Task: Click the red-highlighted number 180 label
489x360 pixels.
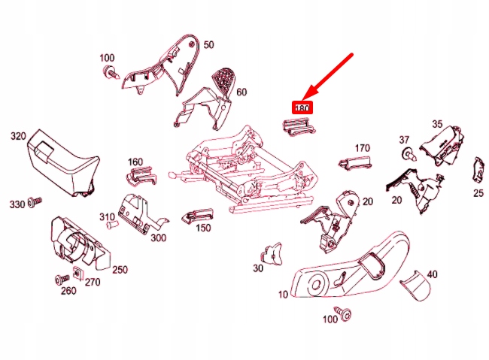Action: coord(302,107)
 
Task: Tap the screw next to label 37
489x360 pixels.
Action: coord(409,155)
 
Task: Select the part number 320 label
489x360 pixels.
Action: coord(18,136)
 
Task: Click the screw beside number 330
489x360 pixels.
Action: coord(35,201)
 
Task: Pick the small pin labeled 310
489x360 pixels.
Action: coord(112,224)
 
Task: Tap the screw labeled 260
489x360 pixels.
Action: coord(62,279)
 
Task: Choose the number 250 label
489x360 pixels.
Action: coord(120,270)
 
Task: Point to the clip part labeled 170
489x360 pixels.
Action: coord(355,162)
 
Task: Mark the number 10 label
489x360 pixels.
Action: coord(283,295)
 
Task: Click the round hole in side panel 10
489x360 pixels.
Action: coord(316,284)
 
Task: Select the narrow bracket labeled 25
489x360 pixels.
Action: coord(479,170)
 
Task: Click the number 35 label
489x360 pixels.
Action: coord(437,124)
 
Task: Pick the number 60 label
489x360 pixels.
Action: coord(241,92)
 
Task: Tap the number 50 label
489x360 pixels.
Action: coord(209,45)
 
